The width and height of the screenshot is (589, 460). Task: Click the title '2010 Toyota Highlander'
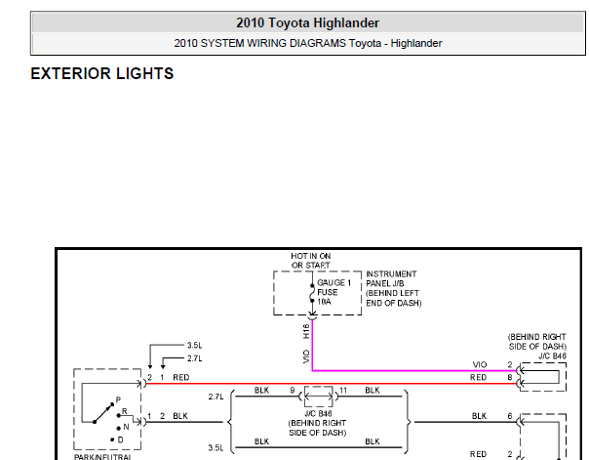point(307,22)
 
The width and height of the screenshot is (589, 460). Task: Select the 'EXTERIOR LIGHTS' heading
point(102,73)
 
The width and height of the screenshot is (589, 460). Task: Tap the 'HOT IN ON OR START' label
point(311,261)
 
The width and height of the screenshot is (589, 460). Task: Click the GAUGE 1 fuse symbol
point(312,293)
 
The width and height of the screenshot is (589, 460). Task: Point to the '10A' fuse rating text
point(324,302)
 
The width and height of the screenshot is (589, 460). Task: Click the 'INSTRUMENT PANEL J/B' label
point(391,278)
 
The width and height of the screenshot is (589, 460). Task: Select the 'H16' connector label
point(306,331)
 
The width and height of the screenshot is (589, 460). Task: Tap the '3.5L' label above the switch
point(195,346)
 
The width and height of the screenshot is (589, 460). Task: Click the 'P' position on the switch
point(118,399)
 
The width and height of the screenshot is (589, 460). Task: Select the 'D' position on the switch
point(120,439)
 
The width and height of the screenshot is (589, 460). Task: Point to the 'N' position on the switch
point(126,427)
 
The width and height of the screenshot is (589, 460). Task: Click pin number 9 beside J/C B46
point(293,391)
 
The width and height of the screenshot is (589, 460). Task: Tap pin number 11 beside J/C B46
point(343,391)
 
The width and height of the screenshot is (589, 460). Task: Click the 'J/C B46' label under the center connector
point(318,414)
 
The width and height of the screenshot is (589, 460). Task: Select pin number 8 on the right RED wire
point(510,377)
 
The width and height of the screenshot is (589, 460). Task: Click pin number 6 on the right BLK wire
point(510,416)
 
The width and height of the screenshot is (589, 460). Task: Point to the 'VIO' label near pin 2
point(480,364)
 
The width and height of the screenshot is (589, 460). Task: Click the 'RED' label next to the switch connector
point(181,377)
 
